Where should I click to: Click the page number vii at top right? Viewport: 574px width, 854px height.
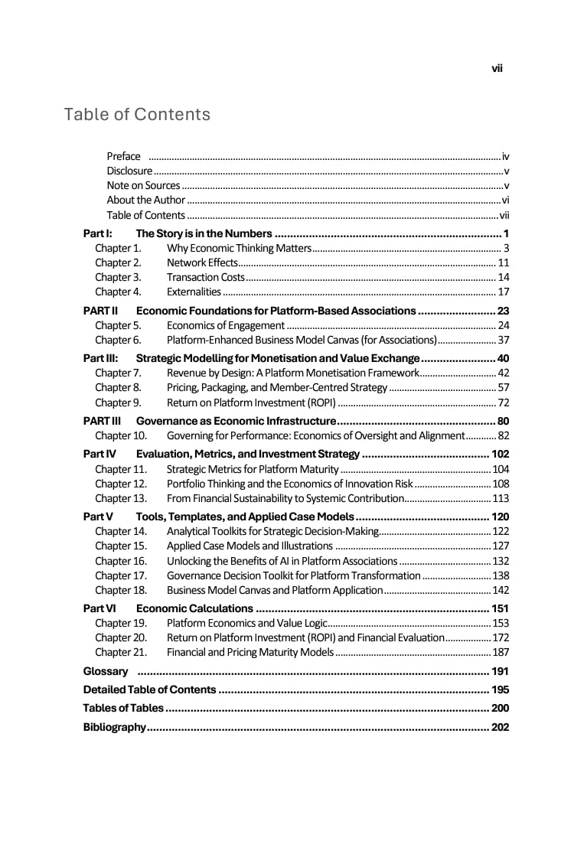[497, 68]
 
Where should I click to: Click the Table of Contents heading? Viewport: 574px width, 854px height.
[137, 115]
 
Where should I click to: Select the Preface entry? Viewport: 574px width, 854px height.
[124, 156]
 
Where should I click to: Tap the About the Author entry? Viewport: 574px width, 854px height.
[146, 200]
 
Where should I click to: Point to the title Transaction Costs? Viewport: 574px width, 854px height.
[206, 277]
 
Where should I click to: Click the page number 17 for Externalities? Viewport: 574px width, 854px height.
[504, 292]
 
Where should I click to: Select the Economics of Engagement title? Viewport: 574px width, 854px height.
[226, 325]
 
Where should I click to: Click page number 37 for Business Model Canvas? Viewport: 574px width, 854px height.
[504, 340]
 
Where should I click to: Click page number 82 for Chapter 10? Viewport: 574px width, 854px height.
[504, 435]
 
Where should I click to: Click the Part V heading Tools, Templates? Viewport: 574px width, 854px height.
[245, 517]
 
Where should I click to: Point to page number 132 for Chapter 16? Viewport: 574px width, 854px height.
[501, 561]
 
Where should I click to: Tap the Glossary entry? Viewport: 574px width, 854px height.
[106, 671]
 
